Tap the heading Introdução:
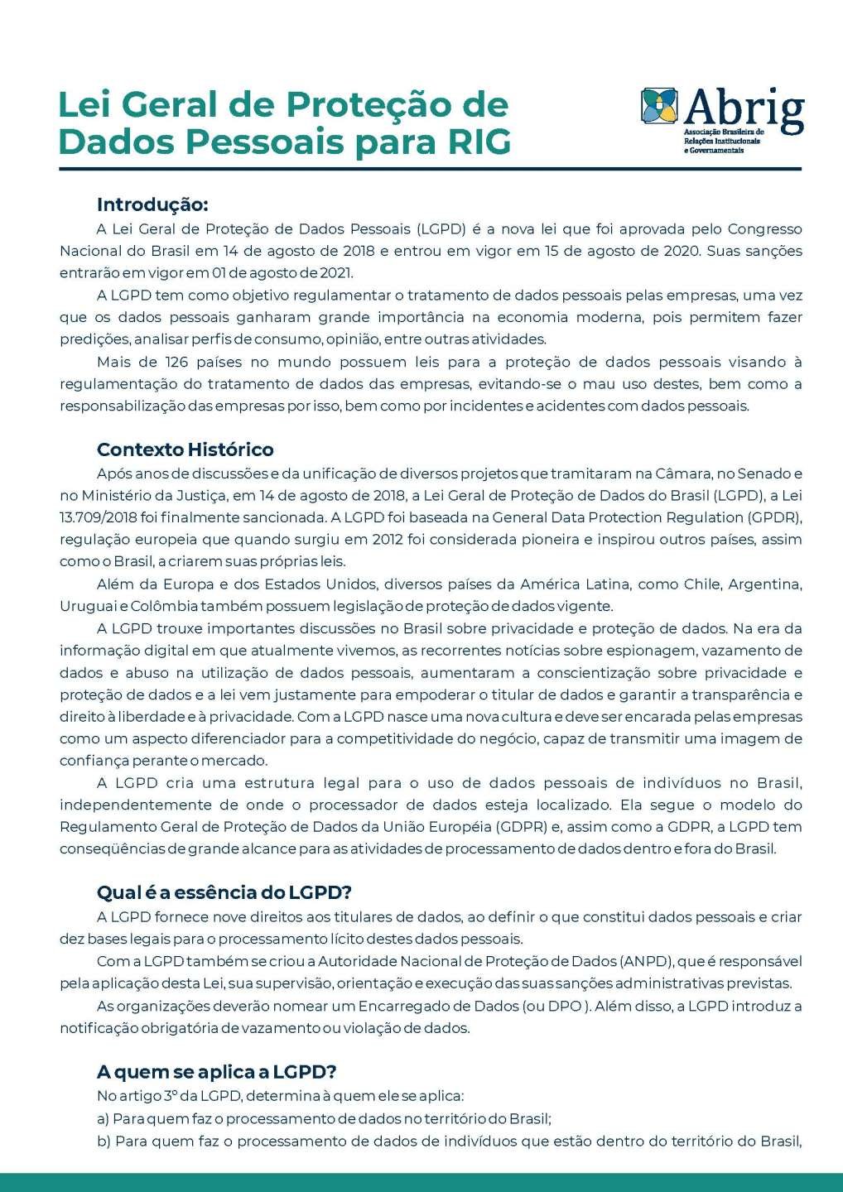point(152,204)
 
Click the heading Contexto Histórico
point(185,449)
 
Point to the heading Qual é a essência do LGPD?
point(224,892)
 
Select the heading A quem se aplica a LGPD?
point(216,1071)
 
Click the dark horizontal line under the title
point(430,169)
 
